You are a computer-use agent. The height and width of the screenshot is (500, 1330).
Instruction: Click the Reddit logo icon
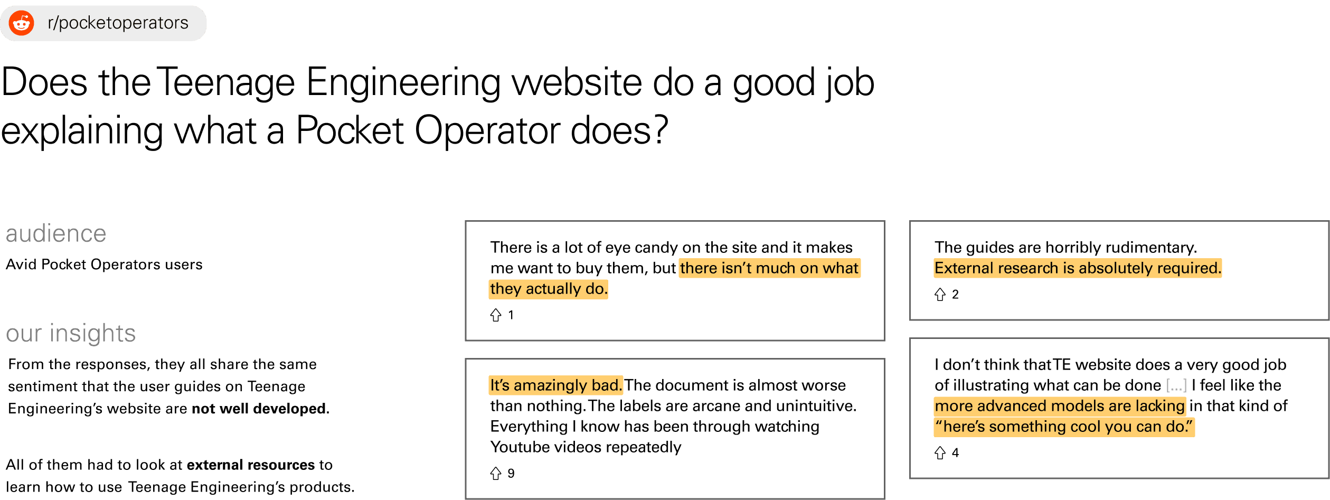[x=22, y=23]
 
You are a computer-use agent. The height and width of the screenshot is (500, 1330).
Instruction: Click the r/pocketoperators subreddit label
[x=118, y=23]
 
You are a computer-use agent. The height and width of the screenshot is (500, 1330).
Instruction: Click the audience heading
[x=56, y=233]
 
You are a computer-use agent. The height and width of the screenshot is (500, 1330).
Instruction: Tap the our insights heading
[x=71, y=333]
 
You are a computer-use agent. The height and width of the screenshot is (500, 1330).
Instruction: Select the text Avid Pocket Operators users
[x=104, y=264]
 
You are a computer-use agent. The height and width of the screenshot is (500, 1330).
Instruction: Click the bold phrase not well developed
[x=259, y=408]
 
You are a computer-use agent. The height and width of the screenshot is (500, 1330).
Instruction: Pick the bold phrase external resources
[x=251, y=465]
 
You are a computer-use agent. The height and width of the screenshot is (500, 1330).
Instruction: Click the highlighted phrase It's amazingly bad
[x=556, y=385]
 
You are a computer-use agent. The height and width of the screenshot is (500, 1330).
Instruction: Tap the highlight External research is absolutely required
[x=1078, y=268]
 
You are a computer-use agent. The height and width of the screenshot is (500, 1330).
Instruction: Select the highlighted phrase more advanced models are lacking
[x=1060, y=405]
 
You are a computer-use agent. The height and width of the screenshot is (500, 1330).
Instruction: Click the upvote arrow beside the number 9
[x=496, y=473]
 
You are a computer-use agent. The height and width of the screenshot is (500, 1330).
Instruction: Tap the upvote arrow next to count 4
[x=940, y=452]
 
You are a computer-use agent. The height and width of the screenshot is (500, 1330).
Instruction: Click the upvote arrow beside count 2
[x=940, y=294]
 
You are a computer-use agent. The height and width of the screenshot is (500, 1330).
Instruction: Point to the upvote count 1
[x=511, y=315]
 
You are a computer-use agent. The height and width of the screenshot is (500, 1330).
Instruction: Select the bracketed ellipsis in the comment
[x=1176, y=385]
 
